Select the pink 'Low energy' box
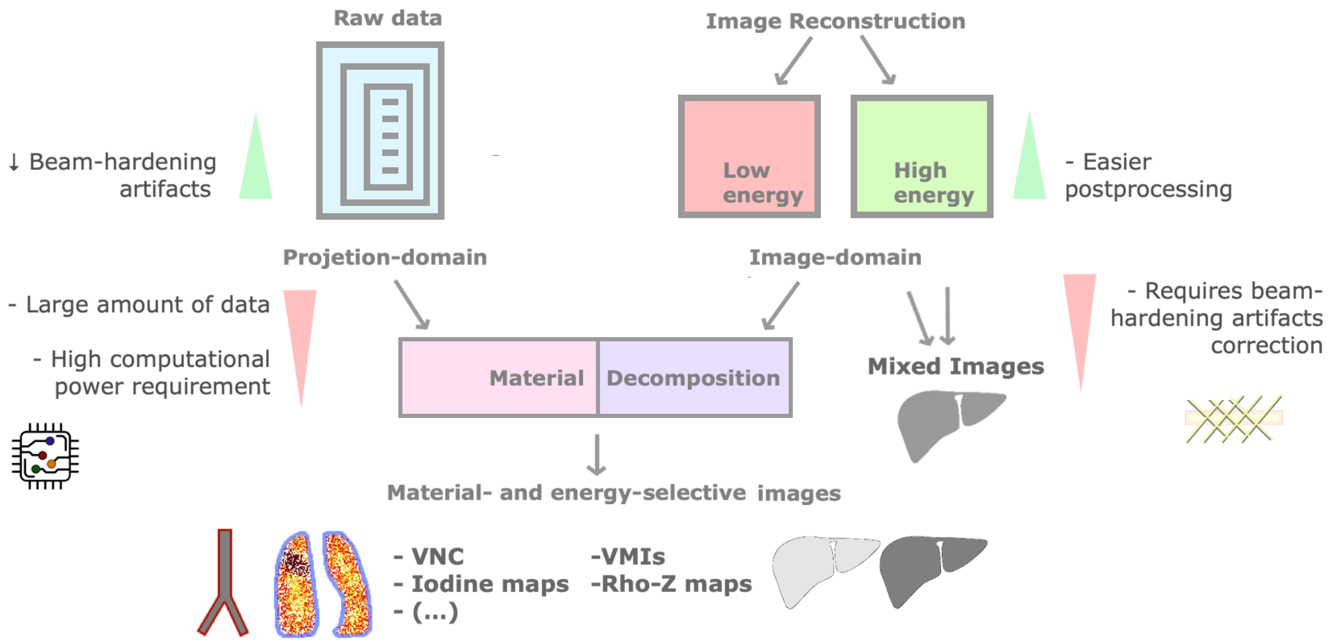pyautogui.click(x=749, y=156)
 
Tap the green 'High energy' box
pyautogui.click(x=921, y=156)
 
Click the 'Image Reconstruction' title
pyautogui.click(x=835, y=21)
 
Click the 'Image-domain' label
pyautogui.click(x=835, y=257)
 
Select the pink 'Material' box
pyautogui.click(x=499, y=377)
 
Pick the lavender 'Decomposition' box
pyautogui.click(x=693, y=377)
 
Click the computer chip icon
pyautogui.click(x=45, y=456)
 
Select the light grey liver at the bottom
pyautogui.click(x=821, y=568)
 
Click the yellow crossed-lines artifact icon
pyautogui.click(x=1233, y=418)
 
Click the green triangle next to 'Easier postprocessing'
pyautogui.click(x=1029, y=160)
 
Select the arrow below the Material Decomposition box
pyautogui.click(x=596, y=454)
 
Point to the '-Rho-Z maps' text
pyautogui.click(x=671, y=584)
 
